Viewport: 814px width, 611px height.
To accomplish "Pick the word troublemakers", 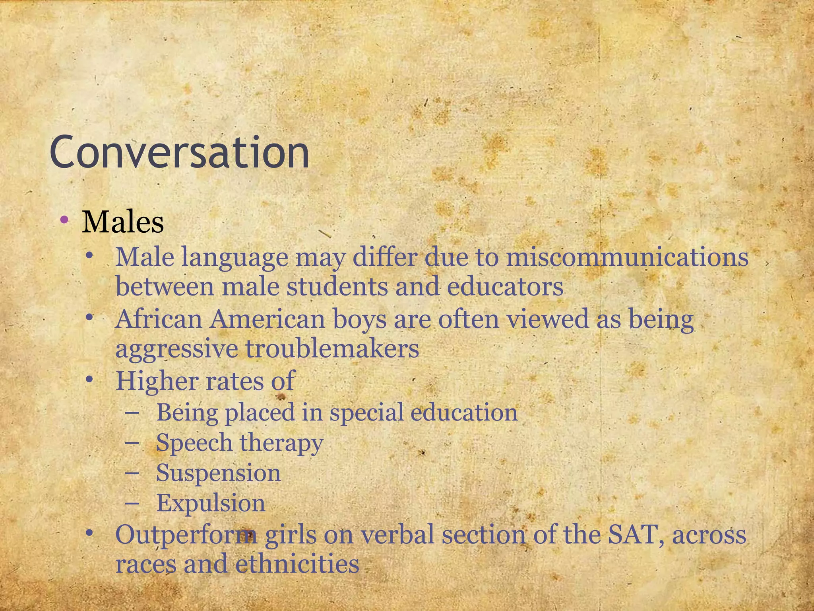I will pyautogui.click(x=332, y=349).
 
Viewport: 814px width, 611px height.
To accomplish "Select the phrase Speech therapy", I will pyautogui.click(x=239, y=443).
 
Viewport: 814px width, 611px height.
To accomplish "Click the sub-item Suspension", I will pyautogui.click(x=218, y=473).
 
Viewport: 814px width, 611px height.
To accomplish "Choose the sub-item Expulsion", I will pyautogui.click(x=211, y=503).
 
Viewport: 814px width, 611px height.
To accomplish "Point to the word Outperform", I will pyautogui.click(x=186, y=535).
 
